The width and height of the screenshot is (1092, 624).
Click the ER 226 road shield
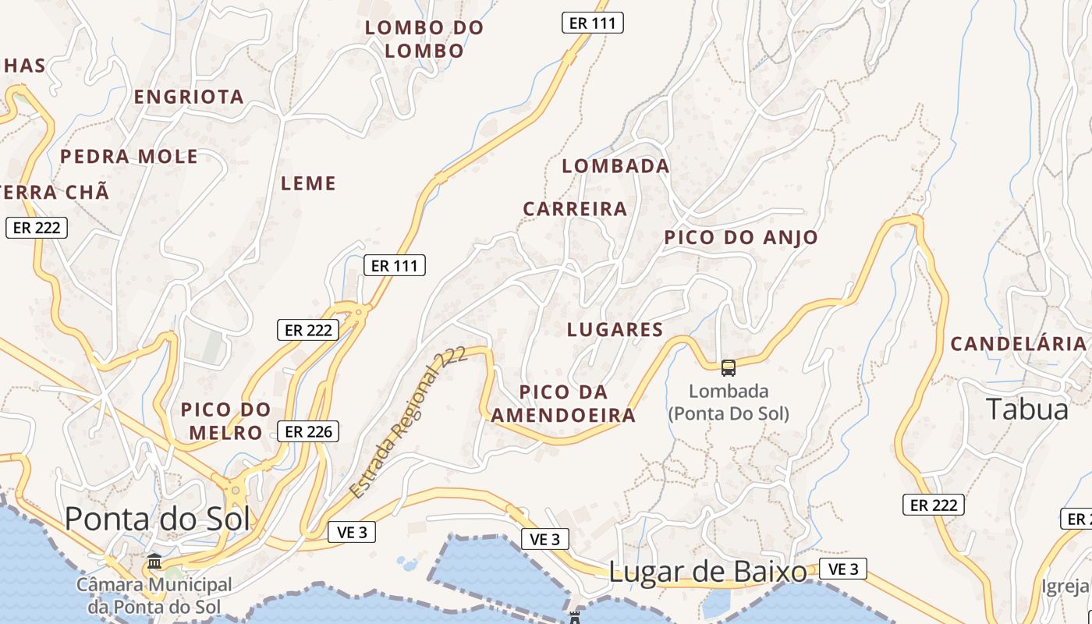click(x=308, y=431)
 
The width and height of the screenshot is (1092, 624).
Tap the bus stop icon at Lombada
click(x=728, y=367)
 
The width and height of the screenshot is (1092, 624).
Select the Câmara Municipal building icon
click(x=154, y=562)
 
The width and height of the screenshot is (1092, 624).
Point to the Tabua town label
click(x=1027, y=409)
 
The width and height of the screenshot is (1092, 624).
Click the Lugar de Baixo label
click(x=707, y=572)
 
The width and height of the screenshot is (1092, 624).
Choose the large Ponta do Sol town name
click(x=158, y=519)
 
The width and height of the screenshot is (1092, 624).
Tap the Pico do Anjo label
click(x=741, y=238)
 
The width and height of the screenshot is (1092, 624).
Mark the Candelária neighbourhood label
click(x=1018, y=343)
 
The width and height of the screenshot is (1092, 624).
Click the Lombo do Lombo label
click(x=424, y=39)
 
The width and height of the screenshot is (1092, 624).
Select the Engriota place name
click(x=189, y=97)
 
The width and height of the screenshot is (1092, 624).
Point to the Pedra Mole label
click(x=129, y=156)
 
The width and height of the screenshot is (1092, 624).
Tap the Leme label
click(x=308, y=183)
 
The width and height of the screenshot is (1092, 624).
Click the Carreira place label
click(x=575, y=209)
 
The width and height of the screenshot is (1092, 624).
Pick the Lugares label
click(x=615, y=329)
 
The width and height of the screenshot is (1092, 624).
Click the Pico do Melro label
click(x=226, y=420)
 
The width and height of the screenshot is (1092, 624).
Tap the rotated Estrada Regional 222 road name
click(x=408, y=422)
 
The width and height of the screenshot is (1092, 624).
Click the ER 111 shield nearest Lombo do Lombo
click(x=593, y=23)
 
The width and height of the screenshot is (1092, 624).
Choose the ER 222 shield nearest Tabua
click(x=934, y=505)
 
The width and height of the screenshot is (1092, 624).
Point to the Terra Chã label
click(x=55, y=192)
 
